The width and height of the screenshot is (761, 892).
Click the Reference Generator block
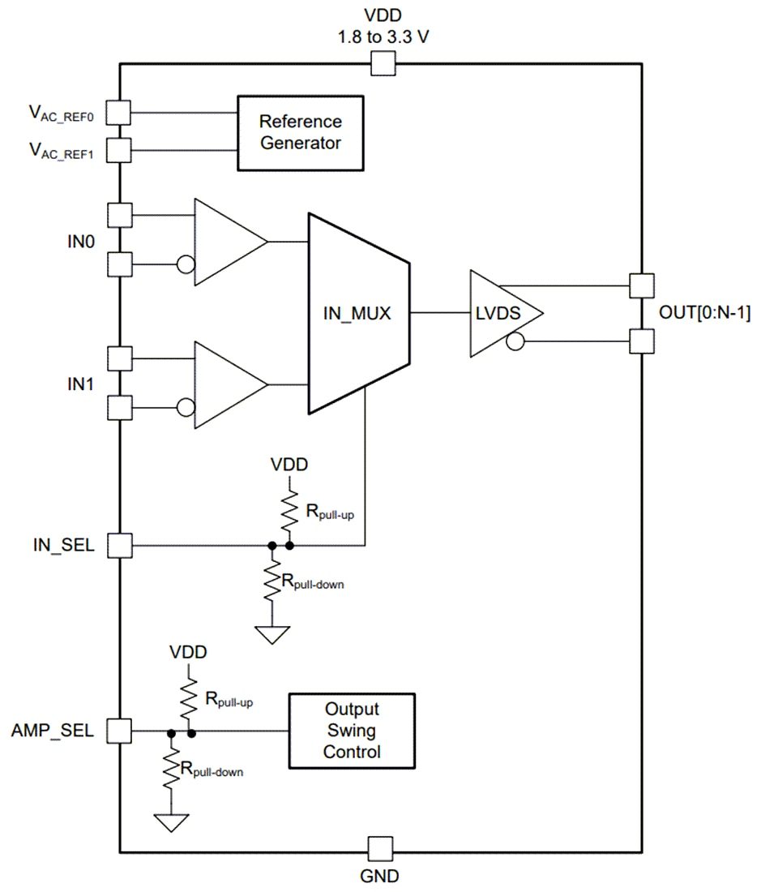[300, 133]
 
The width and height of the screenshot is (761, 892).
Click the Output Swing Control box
[352, 731]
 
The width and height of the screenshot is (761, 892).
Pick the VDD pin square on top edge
[382, 63]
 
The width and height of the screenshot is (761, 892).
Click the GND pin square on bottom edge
[379, 850]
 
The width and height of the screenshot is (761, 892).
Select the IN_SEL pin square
[119, 545]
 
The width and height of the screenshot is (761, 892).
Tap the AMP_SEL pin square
[119, 731]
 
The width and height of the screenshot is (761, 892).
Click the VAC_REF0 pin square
[119, 112]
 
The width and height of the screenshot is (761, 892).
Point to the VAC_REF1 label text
[62, 150]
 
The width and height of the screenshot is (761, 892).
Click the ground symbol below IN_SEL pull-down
[273, 634]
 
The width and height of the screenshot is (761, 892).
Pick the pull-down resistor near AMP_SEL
[171, 768]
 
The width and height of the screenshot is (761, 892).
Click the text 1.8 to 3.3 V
[382, 37]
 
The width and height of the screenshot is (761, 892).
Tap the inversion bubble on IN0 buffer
[185, 264]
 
